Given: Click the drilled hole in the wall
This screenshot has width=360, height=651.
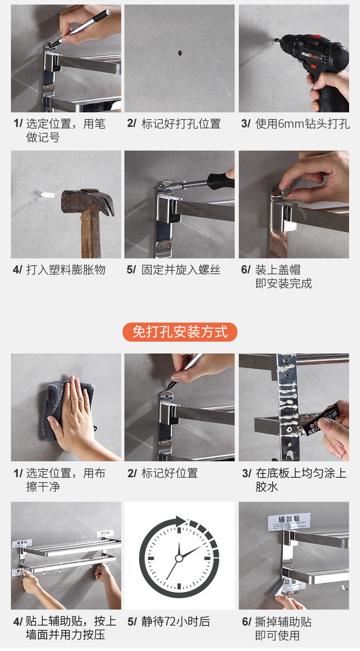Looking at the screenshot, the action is coord(180,53).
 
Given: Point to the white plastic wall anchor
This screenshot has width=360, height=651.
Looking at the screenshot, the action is coord(46,194).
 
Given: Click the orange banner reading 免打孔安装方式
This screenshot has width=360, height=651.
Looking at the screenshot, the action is coord(180,332).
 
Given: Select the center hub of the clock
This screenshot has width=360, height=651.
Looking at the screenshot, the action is coord(179,558).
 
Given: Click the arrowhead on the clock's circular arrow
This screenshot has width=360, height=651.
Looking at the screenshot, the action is coord(180,520).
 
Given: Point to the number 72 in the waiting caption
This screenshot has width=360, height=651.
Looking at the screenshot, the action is coord(170,621).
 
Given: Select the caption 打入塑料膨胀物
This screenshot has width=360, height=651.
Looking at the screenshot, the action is coord(66,270).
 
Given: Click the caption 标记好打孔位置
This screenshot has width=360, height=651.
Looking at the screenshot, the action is coord(181,124).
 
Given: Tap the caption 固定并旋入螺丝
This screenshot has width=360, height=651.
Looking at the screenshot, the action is coord(181,270).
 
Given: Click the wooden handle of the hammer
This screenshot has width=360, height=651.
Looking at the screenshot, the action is coord(91,235).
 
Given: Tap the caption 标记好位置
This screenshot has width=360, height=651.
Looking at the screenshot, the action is coord(170,473).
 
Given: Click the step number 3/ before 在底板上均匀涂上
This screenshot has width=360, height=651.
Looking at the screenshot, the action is coord(247,474).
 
